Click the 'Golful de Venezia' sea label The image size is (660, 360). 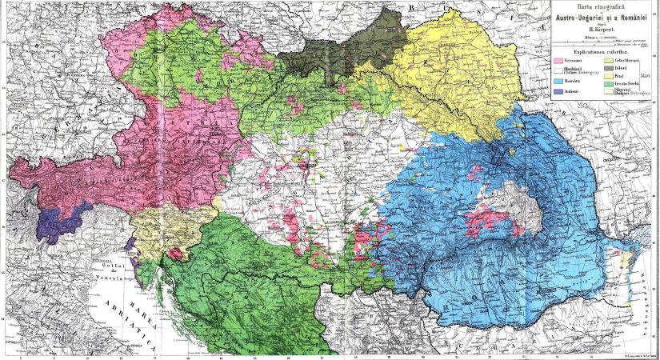111,272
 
